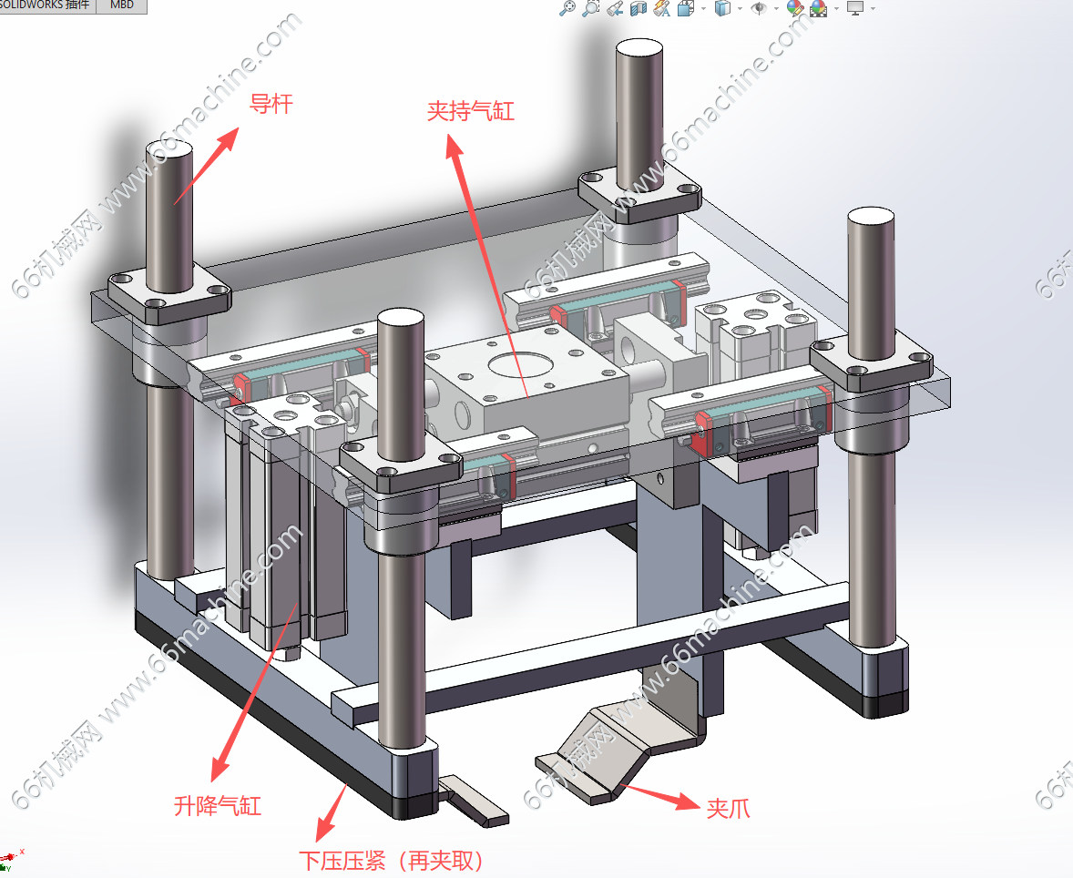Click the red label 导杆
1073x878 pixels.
pyautogui.click(x=271, y=104)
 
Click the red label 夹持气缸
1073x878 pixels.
pyautogui.click(x=471, y=111)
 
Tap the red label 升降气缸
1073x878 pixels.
pyautogui.click(x=218, y=805)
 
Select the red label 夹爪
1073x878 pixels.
pyautogui.click(x=728, y=808)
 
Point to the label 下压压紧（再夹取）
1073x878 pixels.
pyautogui.click(x=392, y=860)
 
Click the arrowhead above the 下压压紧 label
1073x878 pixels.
pyautogui.click(x=323, y=829)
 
